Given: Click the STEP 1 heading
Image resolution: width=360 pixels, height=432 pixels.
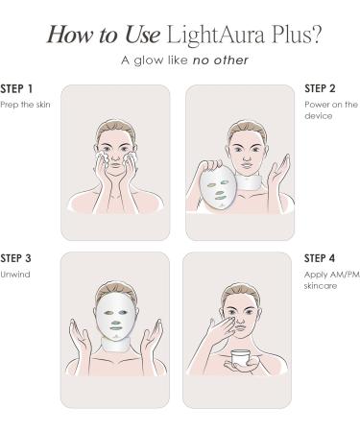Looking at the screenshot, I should (19, 89).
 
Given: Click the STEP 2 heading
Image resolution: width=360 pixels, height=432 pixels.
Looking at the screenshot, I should (320, 89).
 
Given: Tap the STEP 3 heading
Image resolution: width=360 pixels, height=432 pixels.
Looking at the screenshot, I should (19, 258).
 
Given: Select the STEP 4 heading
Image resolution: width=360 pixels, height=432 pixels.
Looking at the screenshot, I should (320, 258).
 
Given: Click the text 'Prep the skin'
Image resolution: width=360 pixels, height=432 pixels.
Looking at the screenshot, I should (24, 104).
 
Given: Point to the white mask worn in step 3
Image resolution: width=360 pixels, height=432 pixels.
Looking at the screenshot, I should (115, 317).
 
